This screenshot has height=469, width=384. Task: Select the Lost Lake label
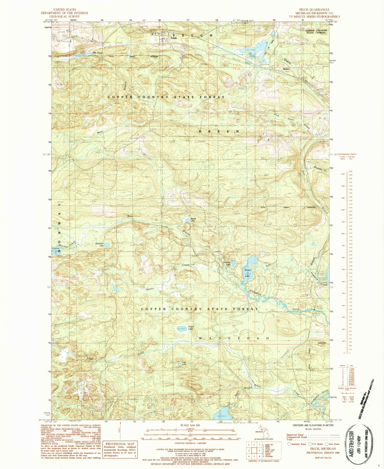coord(184,363)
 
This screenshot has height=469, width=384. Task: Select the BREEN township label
coord(219,131)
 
